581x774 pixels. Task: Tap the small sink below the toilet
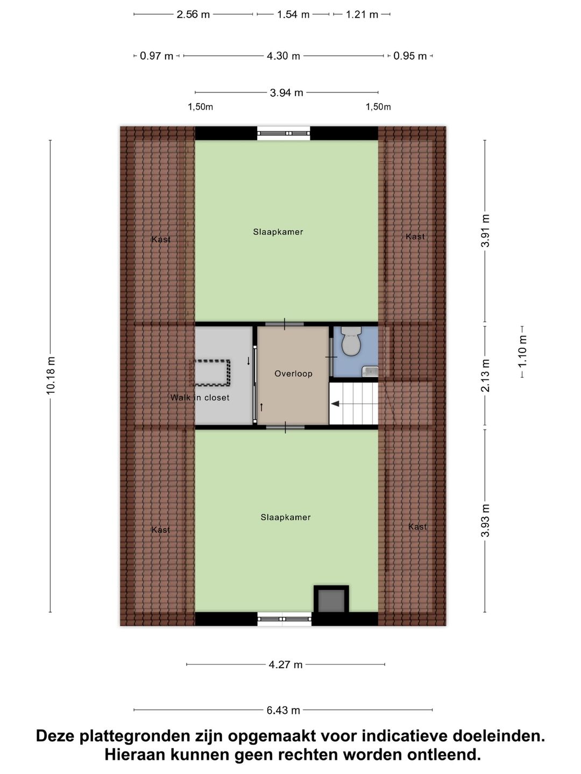[370, 370]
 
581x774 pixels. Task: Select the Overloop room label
[293, 374]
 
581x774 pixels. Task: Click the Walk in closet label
[200, 398]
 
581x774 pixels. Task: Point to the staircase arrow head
[335, 403]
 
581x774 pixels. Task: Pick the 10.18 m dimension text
[51, 376]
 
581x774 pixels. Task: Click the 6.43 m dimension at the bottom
[284, 710]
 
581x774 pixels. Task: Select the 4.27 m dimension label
[286, 664]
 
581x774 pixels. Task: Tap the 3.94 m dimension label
[286, 92]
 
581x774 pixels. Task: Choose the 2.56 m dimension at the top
[193, 15]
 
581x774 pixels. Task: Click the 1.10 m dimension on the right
[522, 351]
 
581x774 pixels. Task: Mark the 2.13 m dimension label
[485, 376]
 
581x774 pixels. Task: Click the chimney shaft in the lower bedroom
[331, 600]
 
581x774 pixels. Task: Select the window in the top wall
[284, 133]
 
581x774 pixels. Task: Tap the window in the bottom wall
[284, 619]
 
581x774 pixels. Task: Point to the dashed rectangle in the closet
[212, 372]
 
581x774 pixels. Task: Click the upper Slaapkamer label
[278, 232]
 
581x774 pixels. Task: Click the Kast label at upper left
[161, 239]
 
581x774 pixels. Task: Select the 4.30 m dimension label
[284, 56]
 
